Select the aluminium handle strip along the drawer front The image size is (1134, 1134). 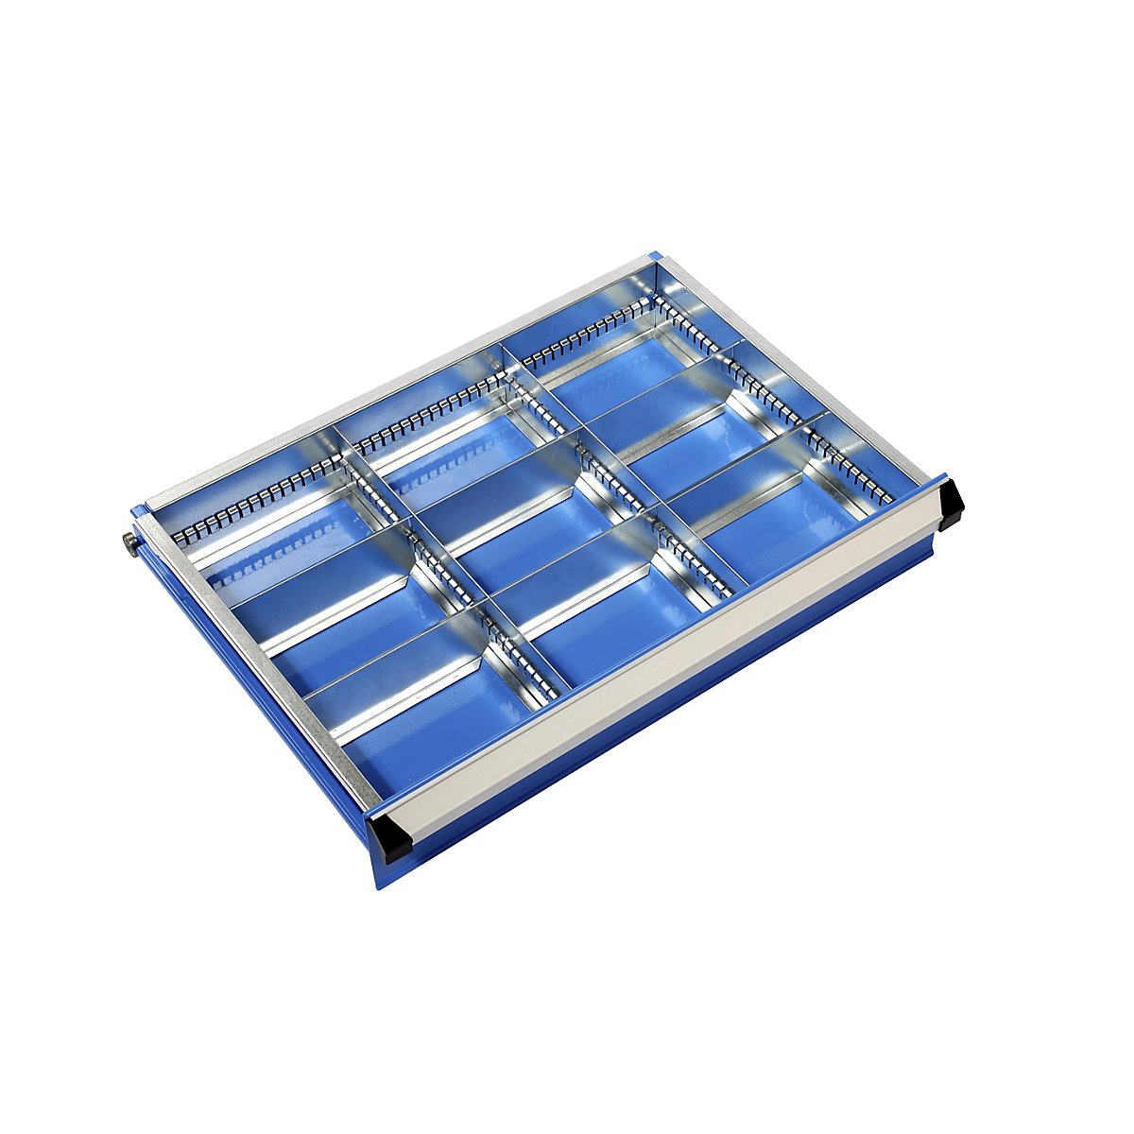(661, 661)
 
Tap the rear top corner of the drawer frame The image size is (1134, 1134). (652, 257)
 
